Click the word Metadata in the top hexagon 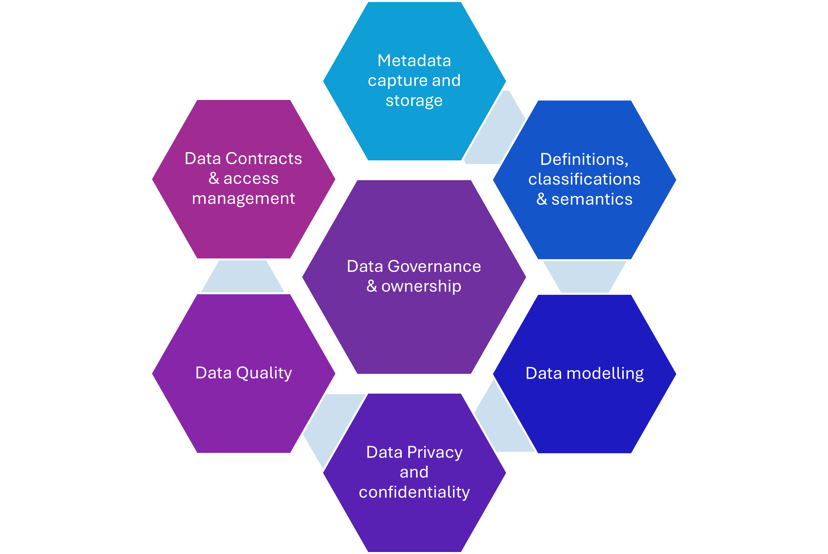414,60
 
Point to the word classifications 584,179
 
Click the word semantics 592,199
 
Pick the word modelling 605,374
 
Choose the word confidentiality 414,492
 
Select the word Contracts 264,158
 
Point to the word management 243,199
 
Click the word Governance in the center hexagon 434,266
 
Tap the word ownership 421,287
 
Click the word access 251,179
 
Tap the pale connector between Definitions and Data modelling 585,277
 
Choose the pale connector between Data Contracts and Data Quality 243,276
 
